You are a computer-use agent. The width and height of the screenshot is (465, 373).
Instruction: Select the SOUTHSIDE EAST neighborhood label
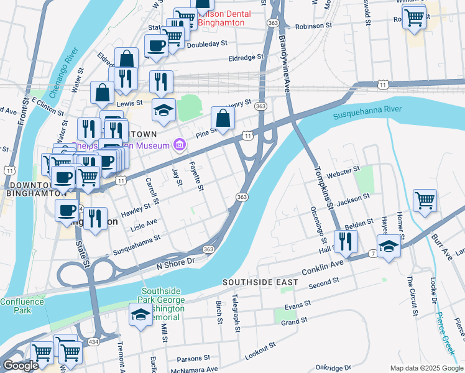[x=260, y=283]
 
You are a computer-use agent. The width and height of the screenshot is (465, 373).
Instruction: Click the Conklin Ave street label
[x=323, y=271]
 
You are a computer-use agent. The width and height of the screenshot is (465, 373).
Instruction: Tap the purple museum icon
[x=180, y=145]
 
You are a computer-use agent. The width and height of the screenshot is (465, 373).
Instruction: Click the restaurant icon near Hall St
[x=346, y=241]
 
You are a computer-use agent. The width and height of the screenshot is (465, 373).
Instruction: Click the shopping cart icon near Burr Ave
[x=425, y=201]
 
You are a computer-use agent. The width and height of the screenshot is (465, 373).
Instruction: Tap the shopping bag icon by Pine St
[x=223, y=118]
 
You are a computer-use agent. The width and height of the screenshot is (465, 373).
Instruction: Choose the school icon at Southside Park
[x=140, y=315]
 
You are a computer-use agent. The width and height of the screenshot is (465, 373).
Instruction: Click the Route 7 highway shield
[x=372, y=254]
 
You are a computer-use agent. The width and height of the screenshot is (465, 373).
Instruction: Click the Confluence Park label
[x=22, y=305]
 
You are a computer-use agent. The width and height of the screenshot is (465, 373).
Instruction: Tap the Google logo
[x=21, y=366]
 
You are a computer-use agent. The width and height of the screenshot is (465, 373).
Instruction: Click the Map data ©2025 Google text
[x=426, y=368]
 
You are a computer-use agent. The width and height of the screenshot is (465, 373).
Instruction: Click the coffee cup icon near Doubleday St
[x=156, y=45]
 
